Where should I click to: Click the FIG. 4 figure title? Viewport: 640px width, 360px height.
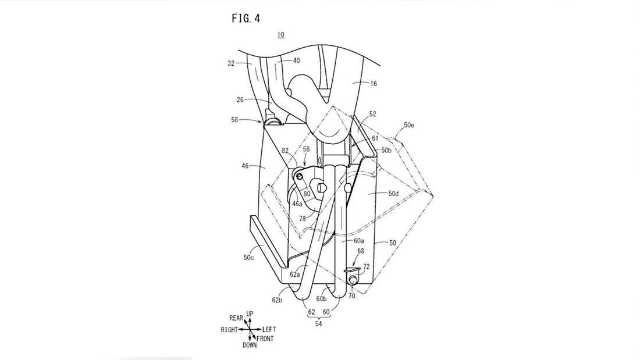point(246,18)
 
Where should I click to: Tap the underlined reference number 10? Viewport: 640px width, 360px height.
point(280,35)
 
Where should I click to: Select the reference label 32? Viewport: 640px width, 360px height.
point(231,64)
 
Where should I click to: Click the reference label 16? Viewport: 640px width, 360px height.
point(374,84)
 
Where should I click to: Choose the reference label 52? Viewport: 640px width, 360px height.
point(372,115)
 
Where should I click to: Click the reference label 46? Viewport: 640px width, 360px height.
point(246,166)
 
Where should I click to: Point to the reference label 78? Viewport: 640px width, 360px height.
point(303,218)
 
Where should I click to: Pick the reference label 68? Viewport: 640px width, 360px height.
point(361,251)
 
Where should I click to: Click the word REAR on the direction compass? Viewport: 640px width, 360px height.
point(236,318)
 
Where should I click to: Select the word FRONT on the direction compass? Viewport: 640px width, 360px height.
point(265,338)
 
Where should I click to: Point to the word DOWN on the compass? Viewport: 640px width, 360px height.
point(249,345)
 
